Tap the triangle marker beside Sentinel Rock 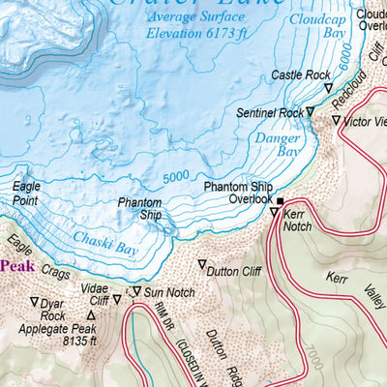point(311,112)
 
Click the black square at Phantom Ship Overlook point(281,201)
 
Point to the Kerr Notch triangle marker point(274,212)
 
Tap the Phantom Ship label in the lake point(139,209)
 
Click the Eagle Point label point(27,193)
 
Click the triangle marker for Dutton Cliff point(202,264)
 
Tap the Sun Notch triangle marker point(136,291)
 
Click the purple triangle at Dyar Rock point(35,302)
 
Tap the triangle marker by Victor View point(336,121)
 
